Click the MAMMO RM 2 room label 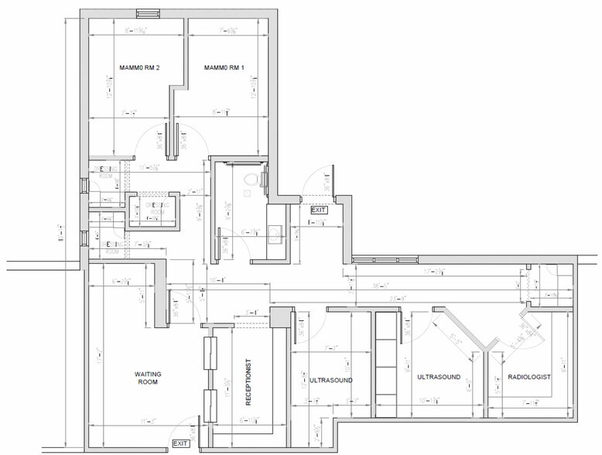point(139,68)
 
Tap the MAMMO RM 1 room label point(224,68)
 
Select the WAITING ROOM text point(147,377)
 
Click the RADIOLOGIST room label point(529,377)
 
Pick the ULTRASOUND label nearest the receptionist point(331,381)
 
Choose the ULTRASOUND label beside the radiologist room point(439,377)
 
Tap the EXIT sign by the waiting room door point(181,443)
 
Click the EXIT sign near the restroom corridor point(319,210)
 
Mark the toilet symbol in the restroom point(249,180)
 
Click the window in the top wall point(148,13)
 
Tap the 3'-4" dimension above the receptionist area point(251,313)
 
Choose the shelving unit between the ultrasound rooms point(385,364)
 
